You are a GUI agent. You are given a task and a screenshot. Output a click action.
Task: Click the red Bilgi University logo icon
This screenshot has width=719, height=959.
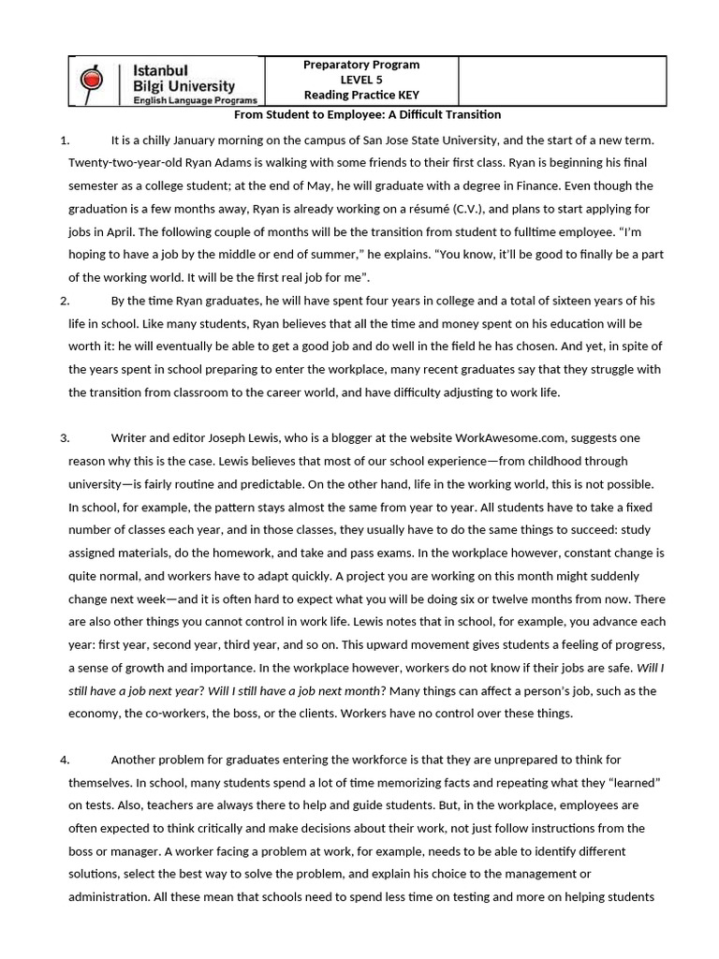pyautogui.click(x=92, y=81)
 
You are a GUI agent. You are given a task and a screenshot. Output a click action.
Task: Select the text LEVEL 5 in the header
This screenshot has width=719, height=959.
pyautogui.click(x=361, y=81)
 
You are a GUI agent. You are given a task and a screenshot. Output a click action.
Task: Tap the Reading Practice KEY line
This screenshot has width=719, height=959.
pyautogui.click(x=361, y=96)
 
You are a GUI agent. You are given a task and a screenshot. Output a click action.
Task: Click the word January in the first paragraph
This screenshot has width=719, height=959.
pyautogui.click(x=205, y=140)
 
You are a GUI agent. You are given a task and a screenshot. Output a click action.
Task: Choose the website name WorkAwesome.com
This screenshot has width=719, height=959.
pyautogui.click(x=509, y=437)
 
